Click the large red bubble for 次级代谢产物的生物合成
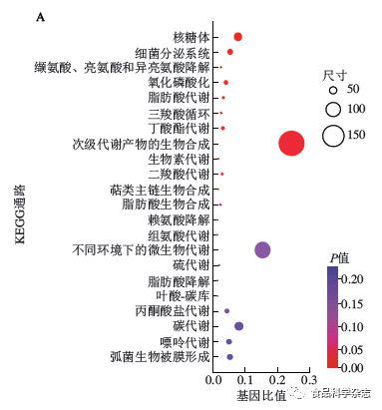point(291,144)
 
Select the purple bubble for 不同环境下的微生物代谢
point(262,250)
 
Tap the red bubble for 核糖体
point(237,37)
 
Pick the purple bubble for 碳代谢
point(238,326)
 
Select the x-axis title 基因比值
point(264,395)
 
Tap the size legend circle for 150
point(333,136)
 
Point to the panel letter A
point(39,17)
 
